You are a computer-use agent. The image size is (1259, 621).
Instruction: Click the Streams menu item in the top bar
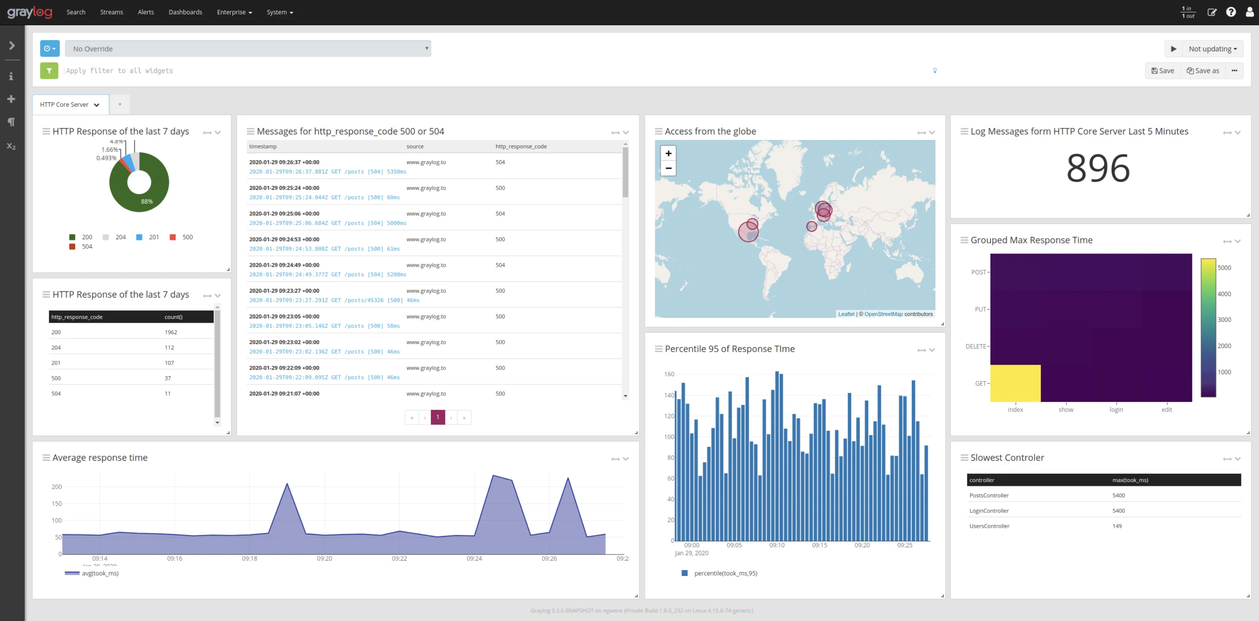[112, 12]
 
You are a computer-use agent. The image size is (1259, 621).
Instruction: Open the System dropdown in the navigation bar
[279, 12]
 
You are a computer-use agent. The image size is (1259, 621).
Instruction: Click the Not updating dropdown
[1212, 49]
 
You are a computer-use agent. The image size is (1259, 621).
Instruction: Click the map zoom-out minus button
[668, 168]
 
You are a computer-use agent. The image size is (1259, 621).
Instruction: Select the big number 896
[1098, 169]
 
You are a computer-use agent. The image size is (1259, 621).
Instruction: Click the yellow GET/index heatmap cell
[1015, 383]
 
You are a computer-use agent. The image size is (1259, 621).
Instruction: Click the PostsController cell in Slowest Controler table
[989, 495]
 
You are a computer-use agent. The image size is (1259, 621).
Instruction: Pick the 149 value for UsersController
[1117, 526]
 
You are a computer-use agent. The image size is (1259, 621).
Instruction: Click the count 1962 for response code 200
[171, 332]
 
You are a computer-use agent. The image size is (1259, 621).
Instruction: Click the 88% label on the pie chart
[147, 201]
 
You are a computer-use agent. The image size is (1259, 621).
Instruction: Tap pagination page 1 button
[438, 417]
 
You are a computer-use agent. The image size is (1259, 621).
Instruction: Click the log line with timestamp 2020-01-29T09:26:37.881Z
[328, 172]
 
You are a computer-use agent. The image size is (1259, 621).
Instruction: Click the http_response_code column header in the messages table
[520, 147]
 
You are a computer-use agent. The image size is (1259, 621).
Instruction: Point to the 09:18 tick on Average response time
[249, 559]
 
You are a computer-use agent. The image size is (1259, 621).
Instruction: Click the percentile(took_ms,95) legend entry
[725, 573]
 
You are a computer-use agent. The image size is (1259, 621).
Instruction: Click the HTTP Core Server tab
[65, 104]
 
